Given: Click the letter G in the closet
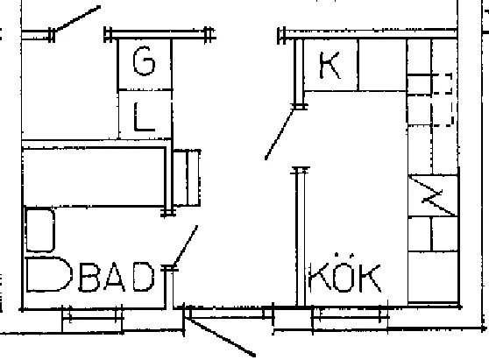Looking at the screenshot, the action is pyautogui.click(x=144, y=60).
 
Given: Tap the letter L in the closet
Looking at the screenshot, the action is pyautogui.click(x=144, y=116).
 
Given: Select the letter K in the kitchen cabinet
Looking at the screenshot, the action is pyautogui.click(x=330, y=66).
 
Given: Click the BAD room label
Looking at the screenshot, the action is pyautogui.click(x=116, y=277).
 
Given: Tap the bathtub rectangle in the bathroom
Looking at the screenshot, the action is pyautogui.click(x=94, y=177).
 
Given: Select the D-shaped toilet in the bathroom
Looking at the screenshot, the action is pyautogui.click(x=49, y=274).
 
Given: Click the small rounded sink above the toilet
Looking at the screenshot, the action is pyautogui.click(x=40, y=230).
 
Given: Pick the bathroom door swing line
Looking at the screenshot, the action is pyautogui.click(x=185, y=245).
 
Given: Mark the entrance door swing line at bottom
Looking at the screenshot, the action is pyautogui.click(x=221, y=336).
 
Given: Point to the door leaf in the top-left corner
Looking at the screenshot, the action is pyautogui.click(x=77, y=18).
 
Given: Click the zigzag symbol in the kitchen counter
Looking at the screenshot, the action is pyautogui.click(x=433, y=195).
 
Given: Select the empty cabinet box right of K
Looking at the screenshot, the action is pyautogui.click(x=383, y=65).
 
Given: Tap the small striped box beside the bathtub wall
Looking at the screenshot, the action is pyautogui.click(x=187, y=178).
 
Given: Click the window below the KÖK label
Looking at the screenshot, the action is pyautogui.click(x=350, y=317).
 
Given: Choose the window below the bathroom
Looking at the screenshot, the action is pyautogui.click(x=92, y=319).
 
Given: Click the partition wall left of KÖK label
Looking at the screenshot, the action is pyautogui.click(x=301, y=237).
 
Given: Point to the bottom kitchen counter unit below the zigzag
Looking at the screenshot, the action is pyautogui.click(x=433, y=277).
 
